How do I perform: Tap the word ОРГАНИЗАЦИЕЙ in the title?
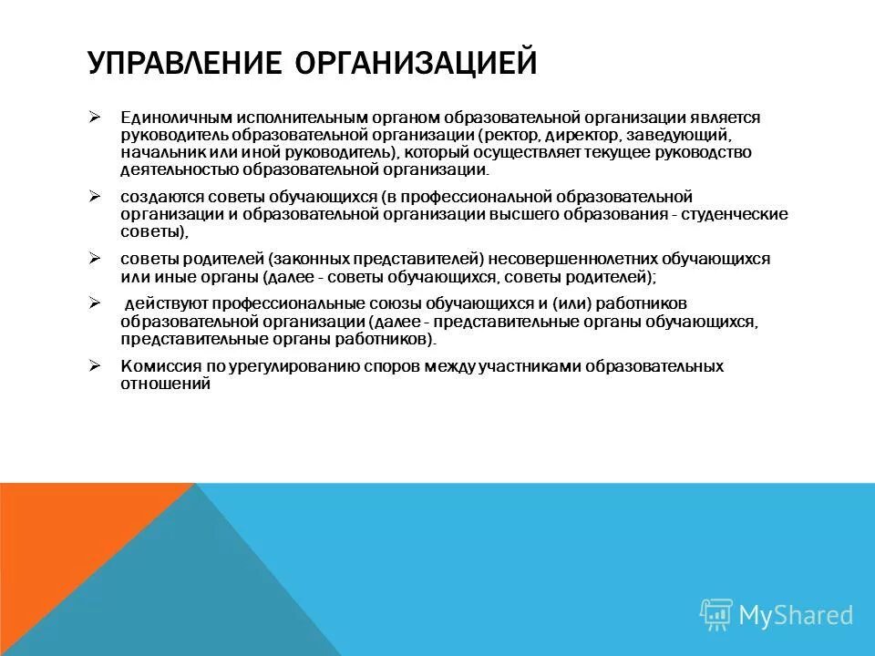pyautogui.click(x=416, y=64)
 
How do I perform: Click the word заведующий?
pyautogui.click(x=685, y=135)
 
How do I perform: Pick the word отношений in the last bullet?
pyautogui.click(x=165, y=384)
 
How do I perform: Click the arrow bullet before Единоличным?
pyautogui.click(x=94, y=118)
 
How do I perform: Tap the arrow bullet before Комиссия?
pyautogui.click(x=94, y=366)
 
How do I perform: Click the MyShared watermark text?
pyautogui.click(x=795, y=615)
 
